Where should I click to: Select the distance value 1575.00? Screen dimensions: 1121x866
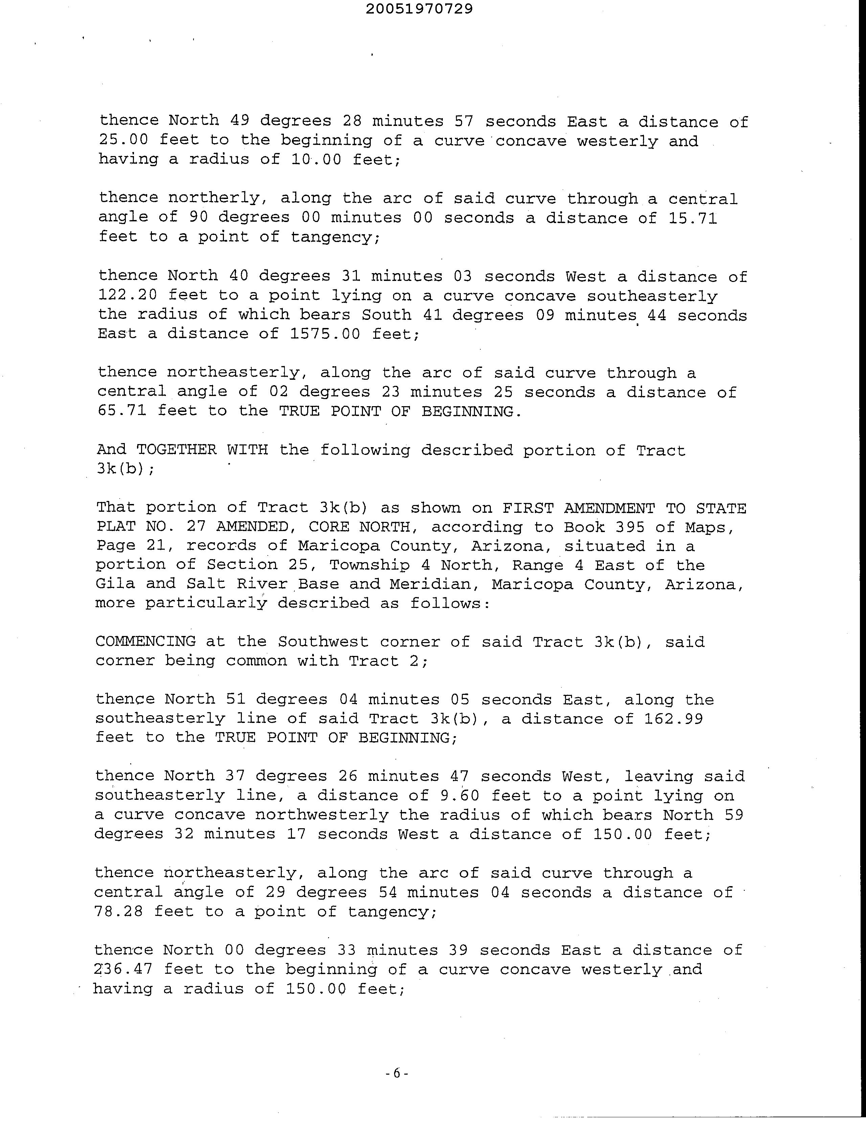(326, 334)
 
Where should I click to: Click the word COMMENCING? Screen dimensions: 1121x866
(145, 642)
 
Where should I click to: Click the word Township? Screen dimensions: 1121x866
(369, 565)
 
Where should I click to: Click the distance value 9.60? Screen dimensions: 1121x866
(460, 796)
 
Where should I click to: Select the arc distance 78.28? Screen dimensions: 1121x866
(118, 911)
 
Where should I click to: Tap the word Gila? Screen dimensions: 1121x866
(115, 584)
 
